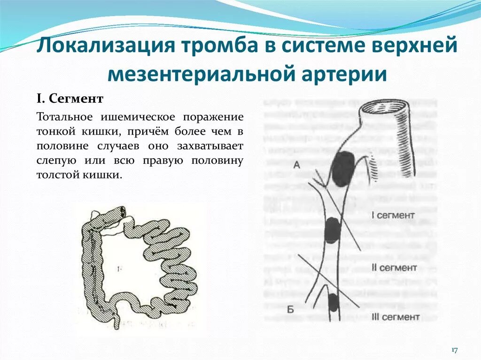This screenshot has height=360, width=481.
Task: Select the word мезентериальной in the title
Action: [197, 74]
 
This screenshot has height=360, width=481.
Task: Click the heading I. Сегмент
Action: [70, 100]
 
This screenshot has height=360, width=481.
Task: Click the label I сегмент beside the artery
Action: [393, 215]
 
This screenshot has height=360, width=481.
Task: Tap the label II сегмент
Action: [395, 268]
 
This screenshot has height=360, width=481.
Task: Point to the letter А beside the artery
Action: [297, 165]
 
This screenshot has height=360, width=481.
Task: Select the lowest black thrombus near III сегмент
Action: [333, 302]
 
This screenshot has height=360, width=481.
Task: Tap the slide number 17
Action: [455, 350]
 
